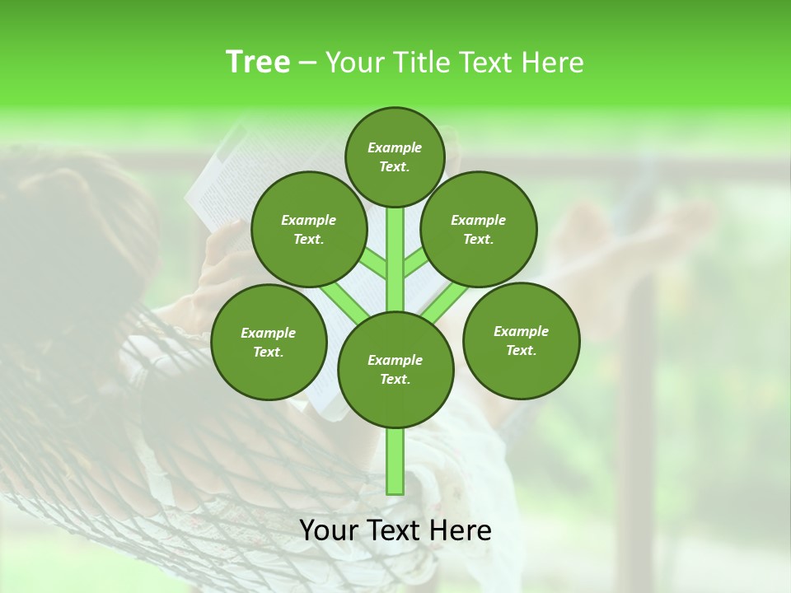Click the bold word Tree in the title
click(258, 62)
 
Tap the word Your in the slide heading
click(355, 62)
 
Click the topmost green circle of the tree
click(395, 156)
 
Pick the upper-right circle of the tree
click(479, 229)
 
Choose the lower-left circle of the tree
click(269, 342)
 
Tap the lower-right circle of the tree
click(521, 340)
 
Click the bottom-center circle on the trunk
click(395, 369)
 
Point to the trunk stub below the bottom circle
click(395, 461)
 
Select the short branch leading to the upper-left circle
click(372, 262)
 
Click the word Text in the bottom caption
click(395, 530)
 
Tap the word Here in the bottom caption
click(461, 530)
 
